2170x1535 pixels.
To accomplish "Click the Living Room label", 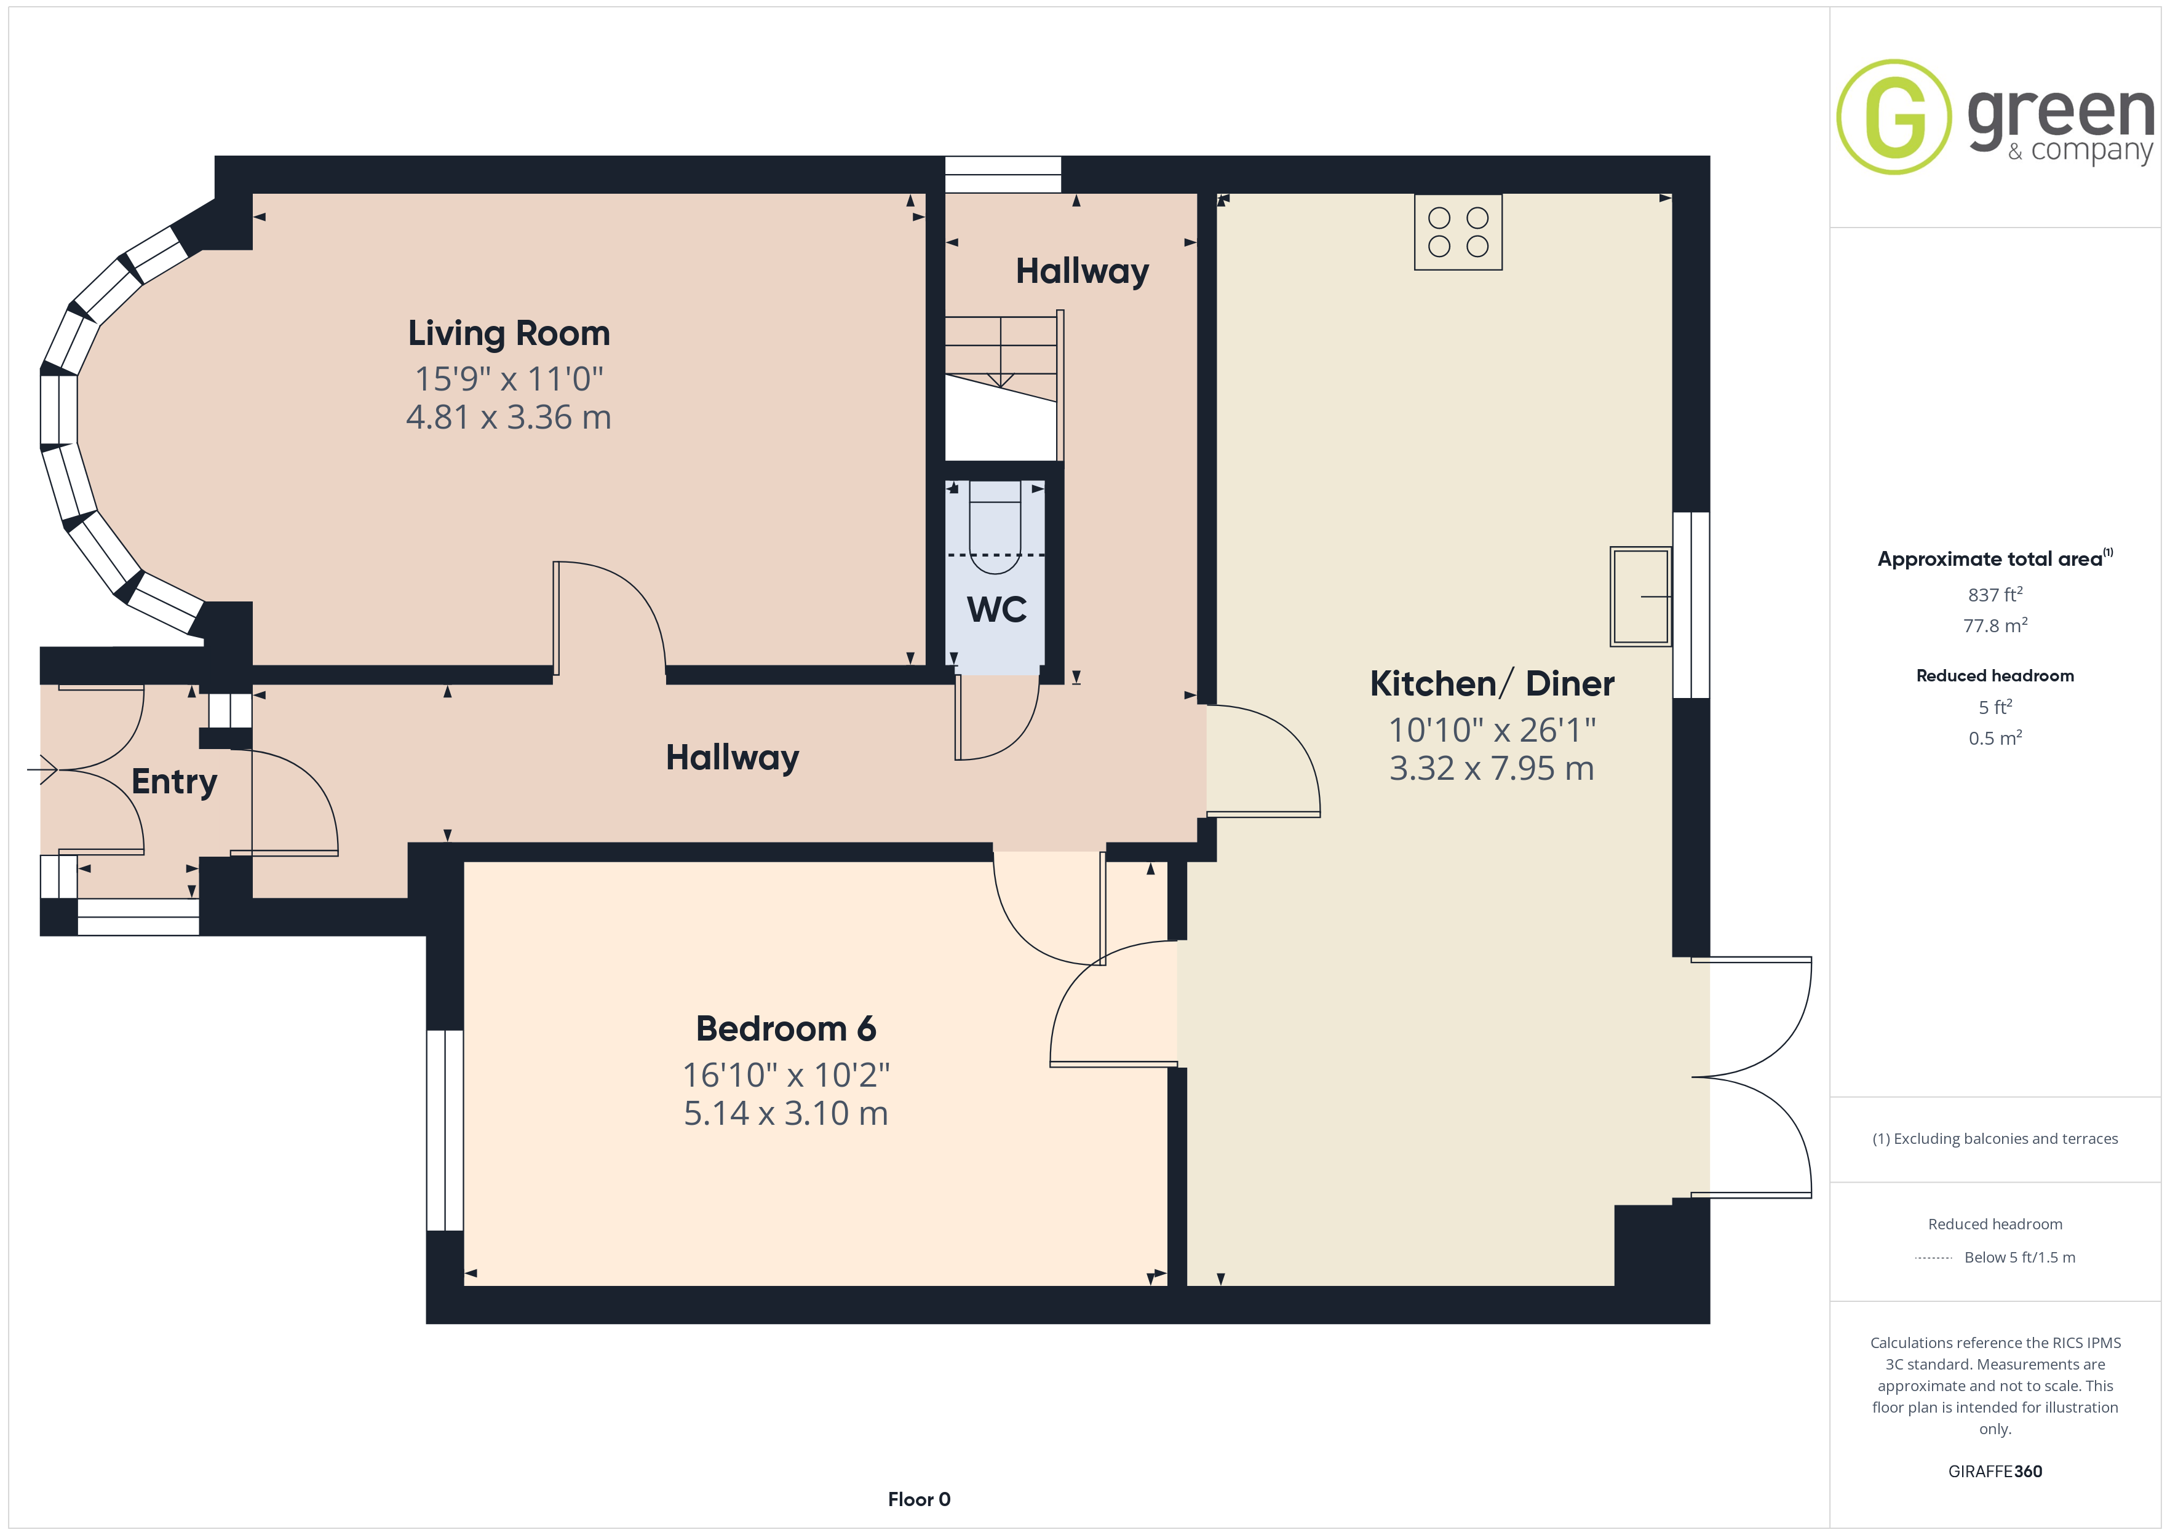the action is point(509,334).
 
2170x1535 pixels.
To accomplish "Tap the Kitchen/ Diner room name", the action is point(1492,683).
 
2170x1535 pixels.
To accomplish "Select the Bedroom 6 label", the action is point(785,1028).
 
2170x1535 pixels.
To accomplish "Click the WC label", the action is point(996,609).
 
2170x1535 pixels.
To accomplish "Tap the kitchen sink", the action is point(1641,597).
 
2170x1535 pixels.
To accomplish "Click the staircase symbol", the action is point(1004,387).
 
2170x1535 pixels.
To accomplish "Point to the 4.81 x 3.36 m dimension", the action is point(509,417).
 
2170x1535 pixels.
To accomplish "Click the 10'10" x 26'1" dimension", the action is point(1492,730).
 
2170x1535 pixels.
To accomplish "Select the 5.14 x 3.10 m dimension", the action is point(785,1114).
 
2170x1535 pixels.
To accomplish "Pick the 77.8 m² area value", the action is point(1995,625).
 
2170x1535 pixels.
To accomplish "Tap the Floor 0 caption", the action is point(919,1499).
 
